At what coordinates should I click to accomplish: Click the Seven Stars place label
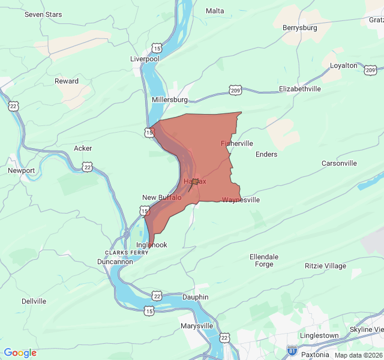point(43,14)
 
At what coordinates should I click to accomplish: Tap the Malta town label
point(215,11)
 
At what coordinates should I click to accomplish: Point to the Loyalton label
point(344,65)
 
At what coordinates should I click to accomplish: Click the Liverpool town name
point(145,59)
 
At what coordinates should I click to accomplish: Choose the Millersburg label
point(170,99)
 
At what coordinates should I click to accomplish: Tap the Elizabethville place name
point(300,89)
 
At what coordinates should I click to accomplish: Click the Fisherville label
point(237,143)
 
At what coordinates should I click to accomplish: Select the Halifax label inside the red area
point(194,181)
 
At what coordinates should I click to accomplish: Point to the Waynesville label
point(241,200)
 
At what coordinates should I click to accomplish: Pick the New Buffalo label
point(161,197)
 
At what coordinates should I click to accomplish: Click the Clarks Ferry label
point(127,253)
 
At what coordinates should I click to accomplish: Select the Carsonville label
point(339,163)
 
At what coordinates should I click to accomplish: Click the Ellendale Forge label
point(264,260)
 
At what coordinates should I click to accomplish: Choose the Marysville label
point(197,326)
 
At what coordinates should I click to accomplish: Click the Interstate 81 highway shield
point(292,350)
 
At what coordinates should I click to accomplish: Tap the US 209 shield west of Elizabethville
point(235,90)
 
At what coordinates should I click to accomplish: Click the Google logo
point(20,353)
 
